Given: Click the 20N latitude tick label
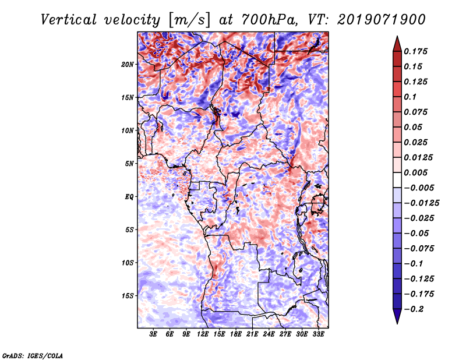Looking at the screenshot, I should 128,64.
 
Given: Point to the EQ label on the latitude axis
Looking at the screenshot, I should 129,196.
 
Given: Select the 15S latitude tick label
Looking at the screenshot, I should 128,295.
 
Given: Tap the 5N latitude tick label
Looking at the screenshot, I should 129,163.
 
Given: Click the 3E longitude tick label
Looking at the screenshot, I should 153,335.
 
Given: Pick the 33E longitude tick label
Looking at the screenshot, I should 318,335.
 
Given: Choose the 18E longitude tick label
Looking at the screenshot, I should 236,335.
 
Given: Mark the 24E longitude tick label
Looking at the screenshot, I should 269,335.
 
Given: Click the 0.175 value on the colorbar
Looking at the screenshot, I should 418,51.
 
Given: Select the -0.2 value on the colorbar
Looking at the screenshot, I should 417,309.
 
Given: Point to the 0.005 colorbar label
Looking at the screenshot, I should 418,172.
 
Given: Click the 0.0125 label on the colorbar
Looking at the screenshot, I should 419,157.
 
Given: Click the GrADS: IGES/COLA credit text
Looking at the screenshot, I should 33,355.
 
